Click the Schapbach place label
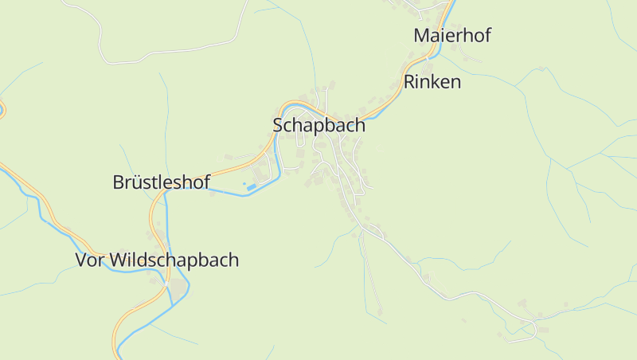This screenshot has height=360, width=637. (x=318, y=125)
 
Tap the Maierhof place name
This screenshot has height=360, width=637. (x=451, y=35)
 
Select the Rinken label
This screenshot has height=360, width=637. (x=432, y=81)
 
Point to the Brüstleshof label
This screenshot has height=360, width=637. (x=161, y=182)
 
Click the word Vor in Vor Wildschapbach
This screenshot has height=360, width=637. (x=89, y=260)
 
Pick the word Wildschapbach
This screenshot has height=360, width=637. (x=174, y=260)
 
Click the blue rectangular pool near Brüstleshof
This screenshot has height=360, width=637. (x=252, y=187)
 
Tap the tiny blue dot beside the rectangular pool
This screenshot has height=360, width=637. (x=244, y=183)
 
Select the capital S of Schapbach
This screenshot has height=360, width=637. (x=278, y=125)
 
